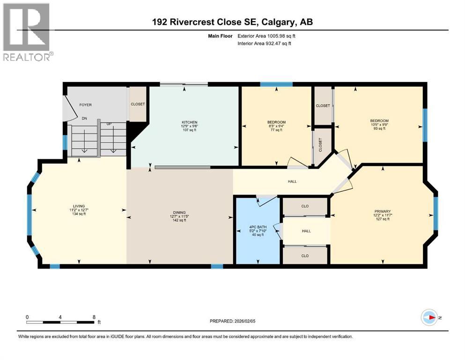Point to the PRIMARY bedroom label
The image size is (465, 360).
click(x=382, y=211)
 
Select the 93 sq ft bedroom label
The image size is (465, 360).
click(x=379, y=120)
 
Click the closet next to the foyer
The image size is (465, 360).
click(x=138, y=104)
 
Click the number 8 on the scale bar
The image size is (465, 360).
click(x=94, y=317)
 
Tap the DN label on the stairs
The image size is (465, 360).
click(x=85, y=119)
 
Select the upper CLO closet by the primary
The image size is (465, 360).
click(x=304, y=206)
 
